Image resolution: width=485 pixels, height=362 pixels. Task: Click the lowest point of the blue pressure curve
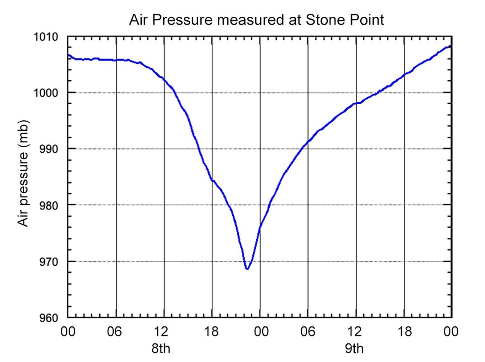[x=247, y=268]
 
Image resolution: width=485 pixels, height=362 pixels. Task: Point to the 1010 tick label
[x=46, y=37]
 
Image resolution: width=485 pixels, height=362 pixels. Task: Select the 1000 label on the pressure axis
[x=46, y=93]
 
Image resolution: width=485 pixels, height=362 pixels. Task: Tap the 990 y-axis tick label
[x=49, y=149]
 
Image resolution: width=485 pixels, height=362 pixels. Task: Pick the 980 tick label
[x=49, y=205]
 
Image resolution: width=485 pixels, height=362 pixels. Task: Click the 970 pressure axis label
[x=49, y=261]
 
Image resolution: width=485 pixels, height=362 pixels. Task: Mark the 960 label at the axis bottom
[x=49, y=318]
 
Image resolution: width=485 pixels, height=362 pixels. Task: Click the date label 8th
[x=161, y=348]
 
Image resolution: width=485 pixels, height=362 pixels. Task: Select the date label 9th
[x=354, y=348]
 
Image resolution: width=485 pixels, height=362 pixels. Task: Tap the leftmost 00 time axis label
[x=68, y=332]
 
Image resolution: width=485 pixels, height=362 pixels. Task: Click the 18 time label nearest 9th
[x=404, y=332]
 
